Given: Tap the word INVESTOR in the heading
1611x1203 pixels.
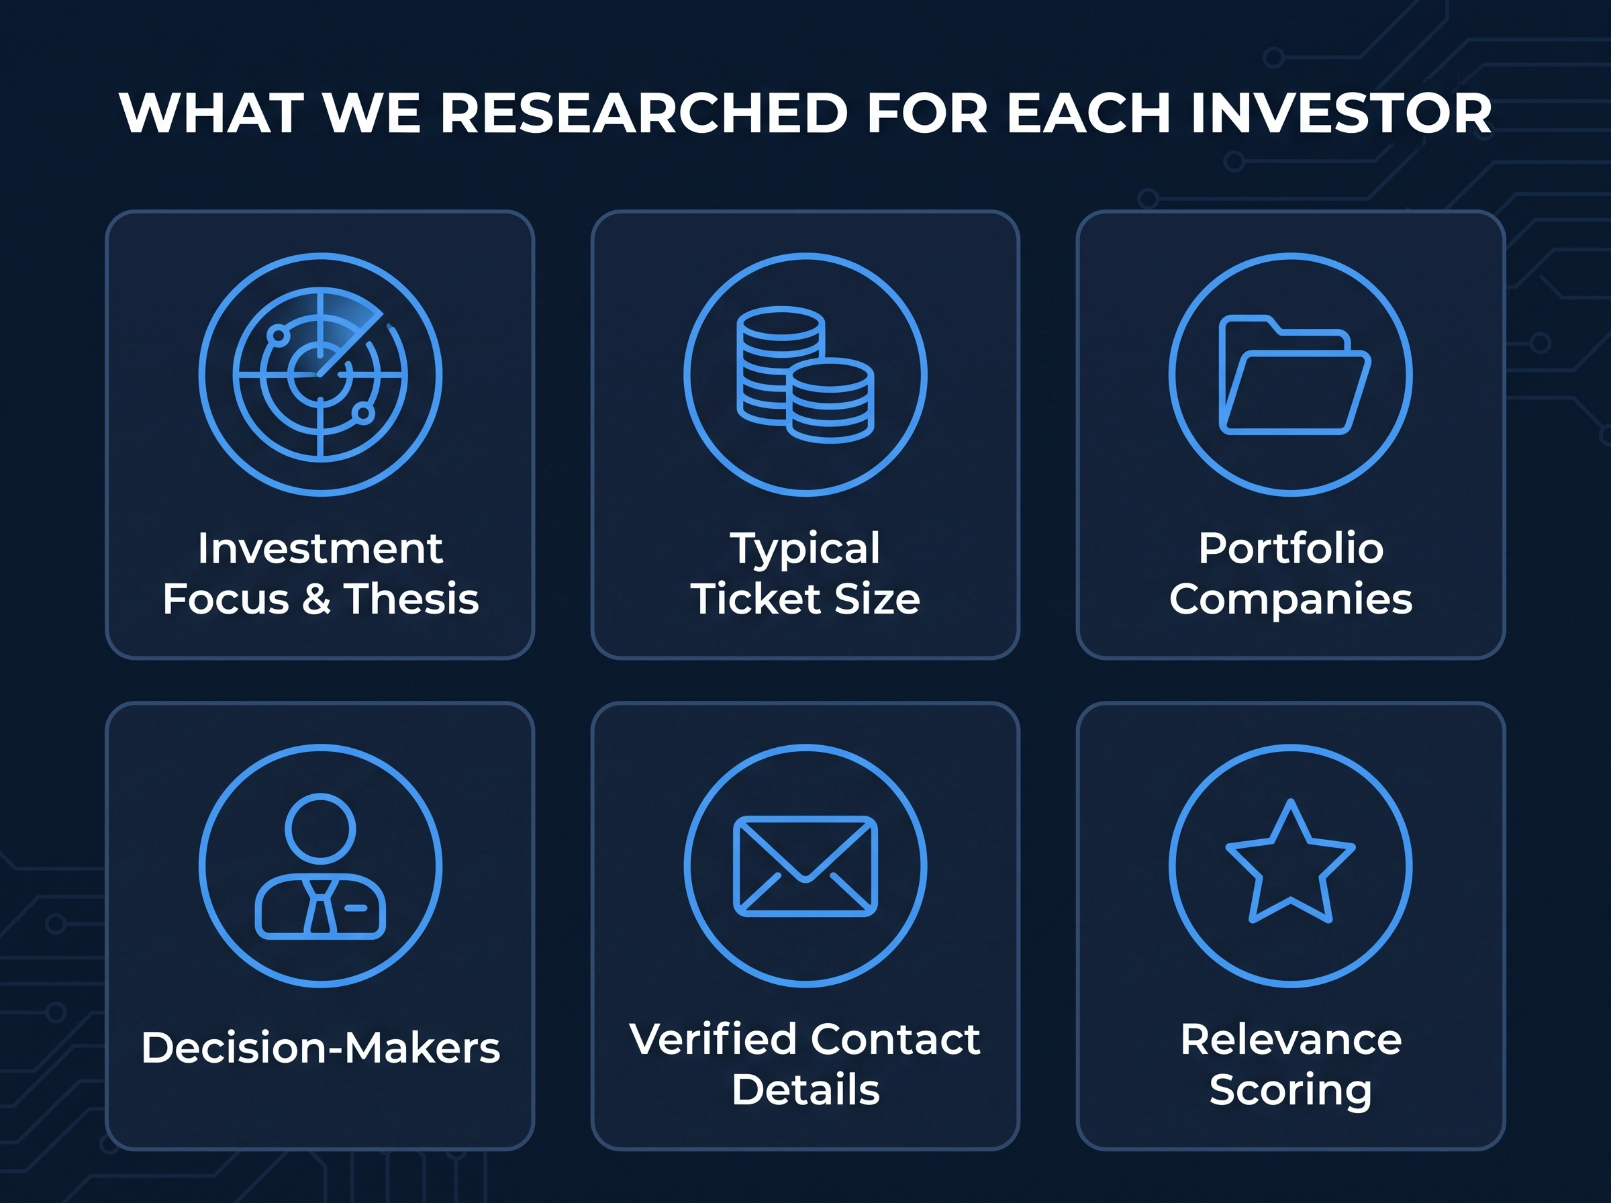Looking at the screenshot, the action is (x=1341, y=113).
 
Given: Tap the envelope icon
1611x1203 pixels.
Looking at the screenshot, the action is (x=805, y=866).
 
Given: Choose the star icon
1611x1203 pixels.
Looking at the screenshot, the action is (x=1291, y=861).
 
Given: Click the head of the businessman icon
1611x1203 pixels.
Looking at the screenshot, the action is (x=320, y=828).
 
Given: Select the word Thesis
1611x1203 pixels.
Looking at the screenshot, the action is (x=411, y=599).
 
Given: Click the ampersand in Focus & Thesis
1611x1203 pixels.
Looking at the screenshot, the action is (x=317, y=599).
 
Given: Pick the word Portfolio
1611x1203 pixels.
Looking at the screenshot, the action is (x=1291, y=548).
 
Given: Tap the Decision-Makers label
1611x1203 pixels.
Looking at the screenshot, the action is (x=320, y=1047).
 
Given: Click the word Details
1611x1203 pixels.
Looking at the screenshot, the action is (x=805, y=1090).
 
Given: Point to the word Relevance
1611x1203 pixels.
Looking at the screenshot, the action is (x=1291, y=1039).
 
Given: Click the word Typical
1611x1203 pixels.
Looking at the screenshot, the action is (x=805, y=549).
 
